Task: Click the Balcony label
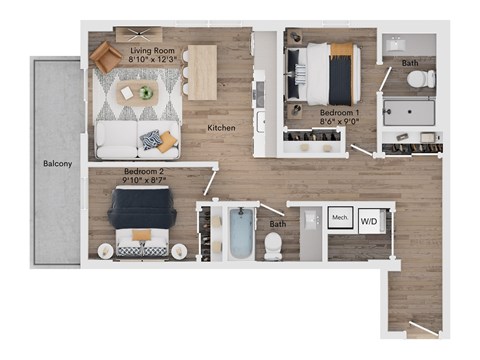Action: tap(55, 162)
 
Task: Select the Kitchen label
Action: tap(221, 128)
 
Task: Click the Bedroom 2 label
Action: tap(143, 171)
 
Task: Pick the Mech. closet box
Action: tap(339, 218)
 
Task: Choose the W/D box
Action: tap(369, 219)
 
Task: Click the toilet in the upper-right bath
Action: tap(421, 79)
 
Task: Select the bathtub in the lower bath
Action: tap(241, 232)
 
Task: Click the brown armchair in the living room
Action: tap(105, 57)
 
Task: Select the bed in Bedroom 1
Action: tap(329, 73)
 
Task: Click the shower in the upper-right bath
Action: tap(413, 112)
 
